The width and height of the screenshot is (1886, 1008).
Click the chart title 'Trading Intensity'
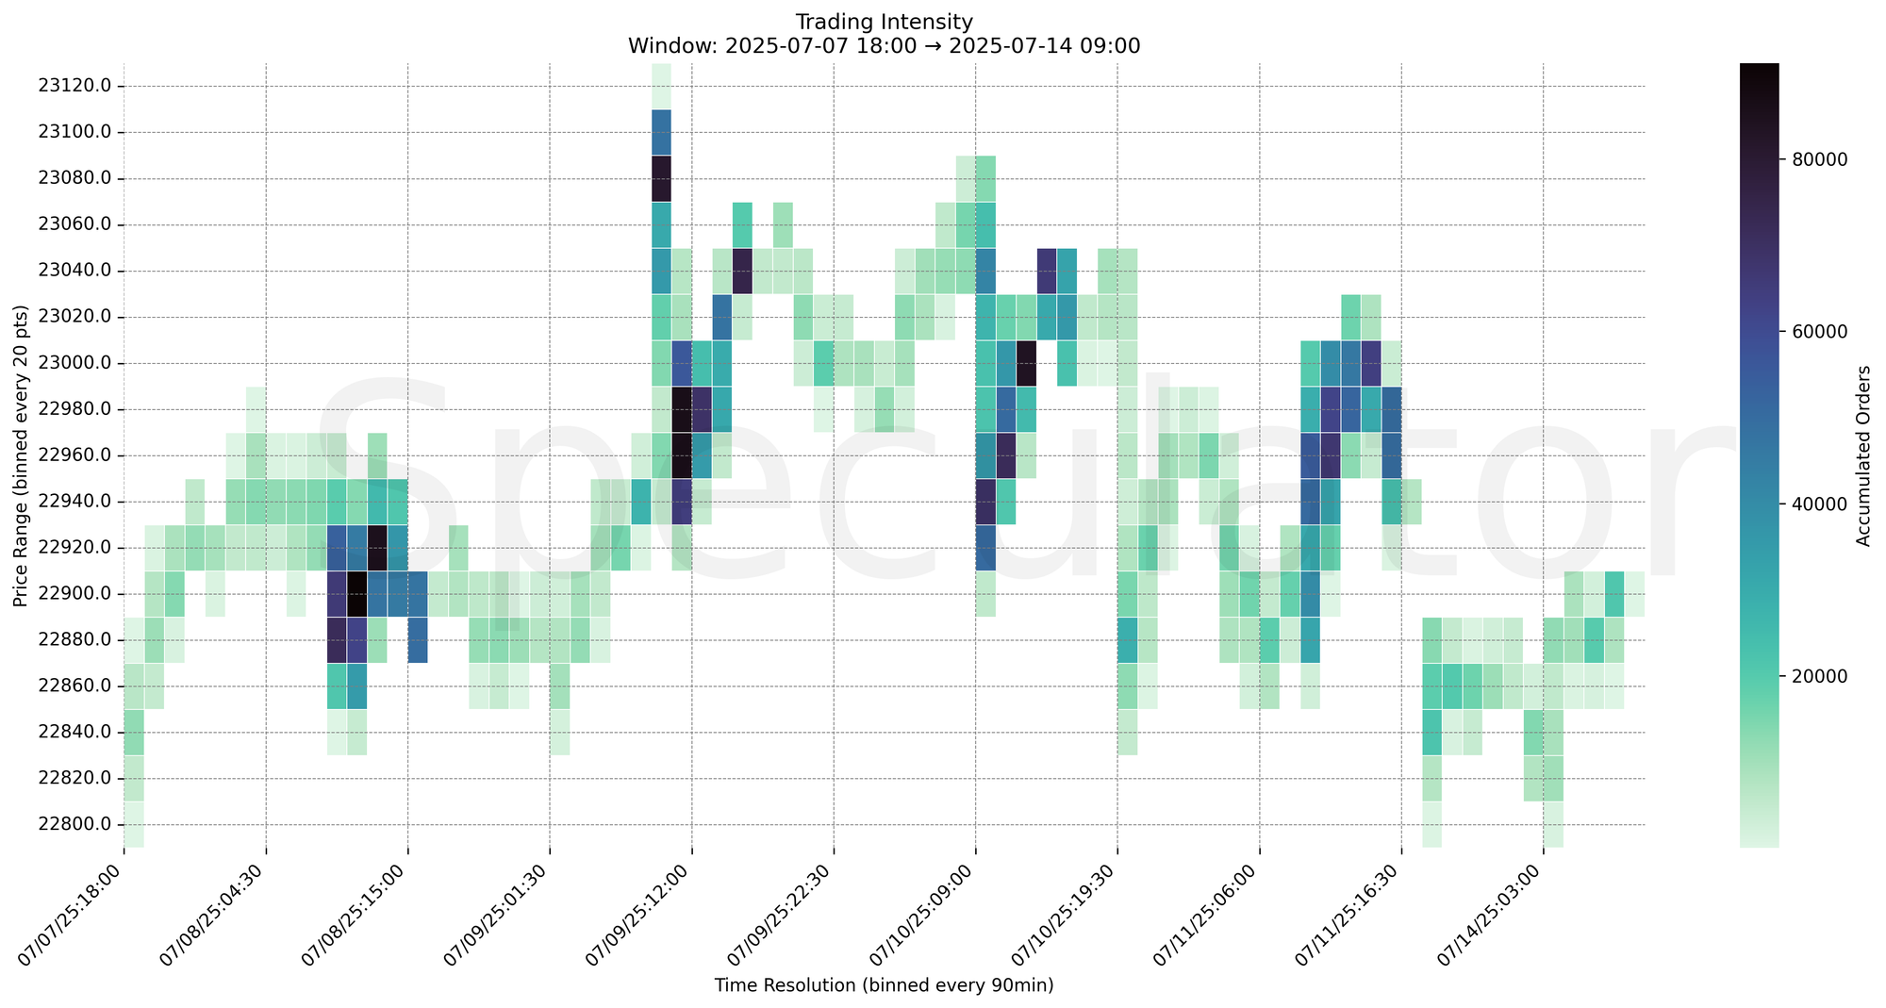tap(884, 21)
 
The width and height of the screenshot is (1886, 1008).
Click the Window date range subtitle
tap(884, 45)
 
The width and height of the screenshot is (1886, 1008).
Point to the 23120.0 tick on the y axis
tap(74, 86)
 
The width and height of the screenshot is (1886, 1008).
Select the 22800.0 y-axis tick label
tap(74, 824)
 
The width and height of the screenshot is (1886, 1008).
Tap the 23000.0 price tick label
tap(74, 363)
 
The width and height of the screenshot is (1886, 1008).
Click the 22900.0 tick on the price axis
tap(74, 594)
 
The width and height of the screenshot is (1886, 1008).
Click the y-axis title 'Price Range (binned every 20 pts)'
tap(21, 455)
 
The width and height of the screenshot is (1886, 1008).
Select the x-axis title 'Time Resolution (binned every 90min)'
tap(884, 985)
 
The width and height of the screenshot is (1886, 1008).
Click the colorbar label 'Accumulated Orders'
tap(1862, 455)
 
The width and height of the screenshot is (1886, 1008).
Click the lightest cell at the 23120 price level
tap(661, 86)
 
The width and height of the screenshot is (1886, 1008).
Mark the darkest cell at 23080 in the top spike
tap(661, 178)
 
